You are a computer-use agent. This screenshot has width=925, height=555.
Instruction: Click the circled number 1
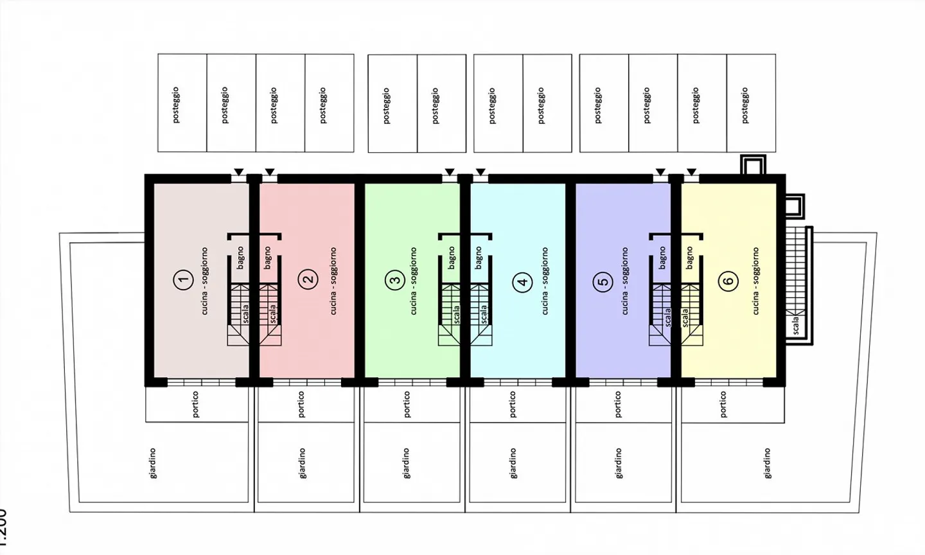tap(184, 279)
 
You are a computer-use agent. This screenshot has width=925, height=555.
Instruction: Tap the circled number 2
tap(309, 279)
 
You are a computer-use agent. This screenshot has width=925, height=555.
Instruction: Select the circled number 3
tap(394, 280)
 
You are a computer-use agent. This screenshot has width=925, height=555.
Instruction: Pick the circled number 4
tap(524, 281)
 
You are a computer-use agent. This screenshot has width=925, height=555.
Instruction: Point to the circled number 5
tap(603, 281)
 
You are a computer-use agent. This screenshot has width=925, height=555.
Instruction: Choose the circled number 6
tap(728, 281)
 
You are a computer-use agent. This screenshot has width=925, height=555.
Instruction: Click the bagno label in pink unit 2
tap(267, 258)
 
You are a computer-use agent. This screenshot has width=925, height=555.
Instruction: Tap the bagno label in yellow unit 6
tap(689, 258)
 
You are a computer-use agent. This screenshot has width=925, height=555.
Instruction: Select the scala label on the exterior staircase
tap(796, 325)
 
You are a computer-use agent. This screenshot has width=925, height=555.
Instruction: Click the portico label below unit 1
tap(195, 404)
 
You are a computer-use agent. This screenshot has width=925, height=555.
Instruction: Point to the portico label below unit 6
tap(724, 405)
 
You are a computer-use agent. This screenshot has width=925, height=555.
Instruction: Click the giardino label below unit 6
tap(767, 463)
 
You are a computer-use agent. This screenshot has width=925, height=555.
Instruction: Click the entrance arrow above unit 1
tap(238, 172)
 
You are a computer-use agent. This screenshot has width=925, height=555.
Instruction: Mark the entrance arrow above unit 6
tap(691, 172)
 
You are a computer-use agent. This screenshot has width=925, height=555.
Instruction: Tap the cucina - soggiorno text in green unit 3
tap(414, 281)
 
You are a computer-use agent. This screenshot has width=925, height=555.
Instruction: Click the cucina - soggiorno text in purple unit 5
tap(625, 281)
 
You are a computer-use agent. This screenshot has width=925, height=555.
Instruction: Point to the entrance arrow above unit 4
tap(480, 172)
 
